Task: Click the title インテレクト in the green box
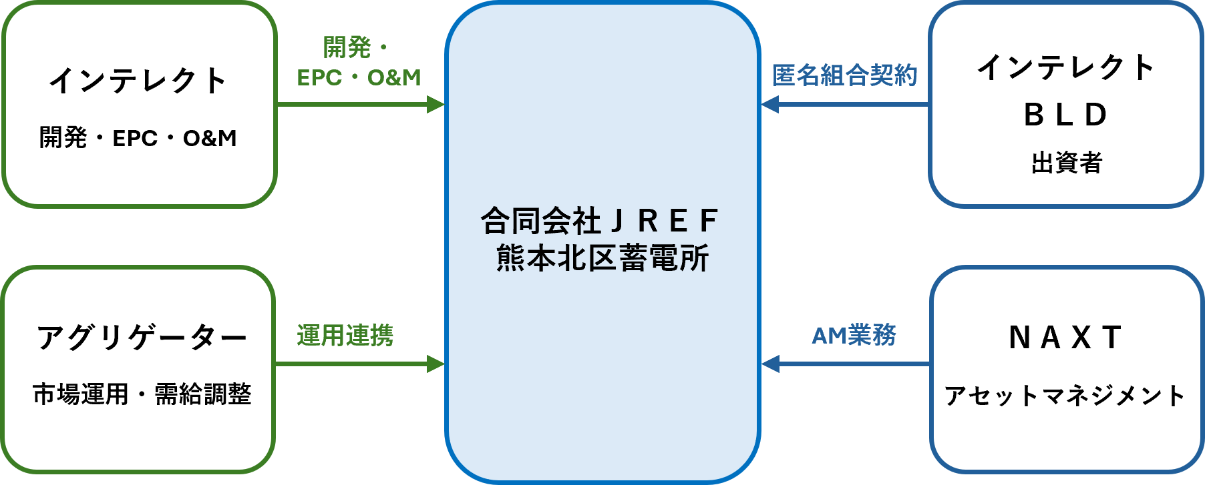coord(138,81)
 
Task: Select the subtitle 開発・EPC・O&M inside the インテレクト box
coord(138,138)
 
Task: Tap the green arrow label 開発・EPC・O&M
coord(359,63)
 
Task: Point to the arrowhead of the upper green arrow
coord(436,104)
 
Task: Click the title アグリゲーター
coord(142,338)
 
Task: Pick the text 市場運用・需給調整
coord(142,394)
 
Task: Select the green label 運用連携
coord(345,335)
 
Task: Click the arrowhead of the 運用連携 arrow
coord(436,364)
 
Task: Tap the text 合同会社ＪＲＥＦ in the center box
coord(600,221)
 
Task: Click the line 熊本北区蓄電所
coord(602,258)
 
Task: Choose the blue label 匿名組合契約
coord(845,75)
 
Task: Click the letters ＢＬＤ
coord(1066,115)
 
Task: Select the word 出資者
coord(1067,162)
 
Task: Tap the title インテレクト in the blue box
coord(1066,67)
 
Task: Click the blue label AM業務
coord(854,335)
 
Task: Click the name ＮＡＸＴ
coord(1065,338)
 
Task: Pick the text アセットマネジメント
coord(1065,396)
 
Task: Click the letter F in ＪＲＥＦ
coord(709,221)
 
